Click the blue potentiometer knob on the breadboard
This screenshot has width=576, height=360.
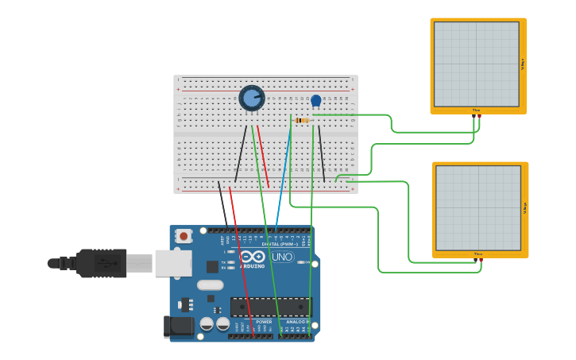coord(252,99)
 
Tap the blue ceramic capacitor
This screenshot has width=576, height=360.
coord(316,101)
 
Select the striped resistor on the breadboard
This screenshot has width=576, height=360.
coord(302,120)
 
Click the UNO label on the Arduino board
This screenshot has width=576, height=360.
coord(283,257)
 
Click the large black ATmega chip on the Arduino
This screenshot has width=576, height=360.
coord(270,306)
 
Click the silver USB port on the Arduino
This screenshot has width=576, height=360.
coord(173,262)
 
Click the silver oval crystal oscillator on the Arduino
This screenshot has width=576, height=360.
coord(210,285)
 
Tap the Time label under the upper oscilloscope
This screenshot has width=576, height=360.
coord(477,110)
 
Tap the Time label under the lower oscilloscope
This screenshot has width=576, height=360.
coord(478,254)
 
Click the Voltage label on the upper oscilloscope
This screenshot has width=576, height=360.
coord(523,64)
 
